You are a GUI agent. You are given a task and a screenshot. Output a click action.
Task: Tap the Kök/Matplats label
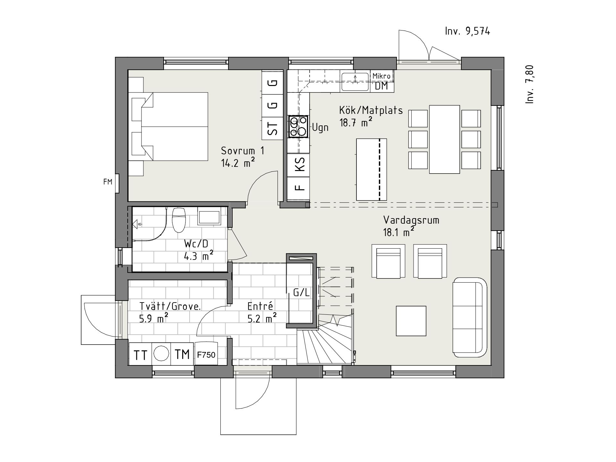371,110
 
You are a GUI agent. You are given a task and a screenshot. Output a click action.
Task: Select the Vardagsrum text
411,220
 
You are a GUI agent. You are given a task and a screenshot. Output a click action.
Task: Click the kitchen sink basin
355,82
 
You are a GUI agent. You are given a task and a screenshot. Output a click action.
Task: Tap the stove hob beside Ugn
298,126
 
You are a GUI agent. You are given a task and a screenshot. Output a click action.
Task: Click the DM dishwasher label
381,86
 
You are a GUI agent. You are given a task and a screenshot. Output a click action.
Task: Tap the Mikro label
381,76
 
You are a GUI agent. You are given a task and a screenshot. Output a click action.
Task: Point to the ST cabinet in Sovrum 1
273,129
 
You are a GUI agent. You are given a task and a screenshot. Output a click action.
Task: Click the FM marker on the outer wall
108,182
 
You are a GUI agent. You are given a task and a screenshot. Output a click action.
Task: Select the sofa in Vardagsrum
470,318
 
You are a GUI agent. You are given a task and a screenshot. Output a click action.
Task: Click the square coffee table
411,321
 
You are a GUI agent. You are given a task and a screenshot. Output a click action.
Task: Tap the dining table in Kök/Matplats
444,139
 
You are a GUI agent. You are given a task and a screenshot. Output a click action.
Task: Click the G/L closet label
302,293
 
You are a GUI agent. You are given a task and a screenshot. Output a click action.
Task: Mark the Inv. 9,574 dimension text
467,31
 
